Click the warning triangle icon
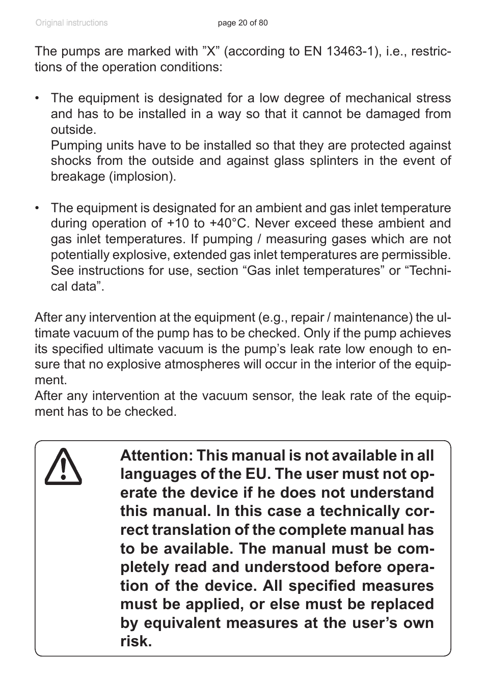63,467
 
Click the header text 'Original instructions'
71,23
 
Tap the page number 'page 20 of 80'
242,23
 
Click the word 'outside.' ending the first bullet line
73,129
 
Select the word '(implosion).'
145,177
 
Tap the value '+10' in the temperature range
178,223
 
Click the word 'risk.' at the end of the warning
136,641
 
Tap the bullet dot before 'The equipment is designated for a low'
38,98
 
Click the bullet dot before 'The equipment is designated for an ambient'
38,208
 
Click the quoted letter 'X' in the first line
211,51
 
